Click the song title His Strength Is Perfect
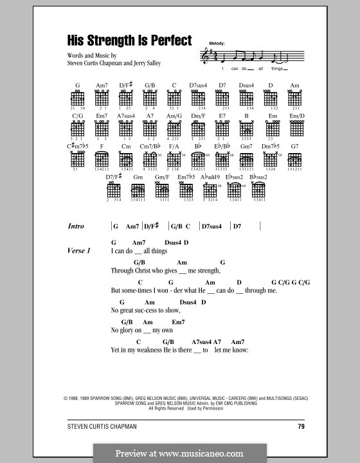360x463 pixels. pyautogui.click(x=129, y=40)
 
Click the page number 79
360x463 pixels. pyautogui.click(x=300, y=426)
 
